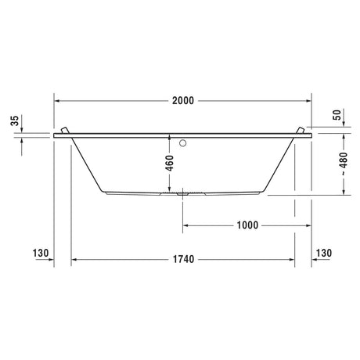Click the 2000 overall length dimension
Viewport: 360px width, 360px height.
tap(183, 101)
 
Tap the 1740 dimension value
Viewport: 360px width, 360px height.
tap(184, 259)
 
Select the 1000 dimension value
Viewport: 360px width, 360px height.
tap(247, 225)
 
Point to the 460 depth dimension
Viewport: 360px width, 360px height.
tap(170, 163)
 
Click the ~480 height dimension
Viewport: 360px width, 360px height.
tap(344, 164)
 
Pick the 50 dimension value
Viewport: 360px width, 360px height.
tap(337, 115)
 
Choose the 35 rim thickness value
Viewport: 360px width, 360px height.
tap(15, 121)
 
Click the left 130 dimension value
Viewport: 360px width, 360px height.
tap(41, 253)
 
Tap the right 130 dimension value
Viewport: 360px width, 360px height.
tap(324, 253)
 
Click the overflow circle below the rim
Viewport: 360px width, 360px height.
tap(183, 143)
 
